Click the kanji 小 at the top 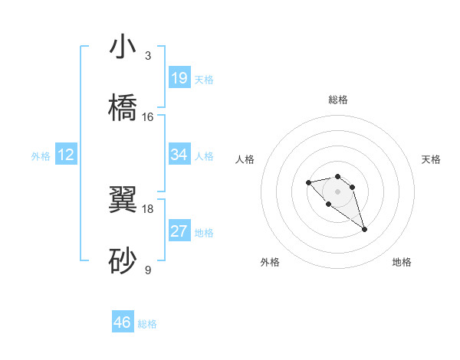coord(123,47)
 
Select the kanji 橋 coord(123,108)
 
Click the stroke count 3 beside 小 coord(148,56)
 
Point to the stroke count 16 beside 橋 coord(148,116)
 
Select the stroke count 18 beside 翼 coord(148,208)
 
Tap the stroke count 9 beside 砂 coord(148,270)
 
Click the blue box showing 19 coord(179,78)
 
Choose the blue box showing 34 coord(179,155)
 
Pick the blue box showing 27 coord(179,231)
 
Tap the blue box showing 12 coord(66,155)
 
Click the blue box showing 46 coord(123,322)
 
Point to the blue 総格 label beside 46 coord(147,324)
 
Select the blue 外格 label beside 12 coord(41,156)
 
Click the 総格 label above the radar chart coord(338,100)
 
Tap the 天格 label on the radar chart coord(432,159)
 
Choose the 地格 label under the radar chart coord(402,262)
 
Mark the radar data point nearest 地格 coord(364,229)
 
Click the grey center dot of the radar coord(338,191)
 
